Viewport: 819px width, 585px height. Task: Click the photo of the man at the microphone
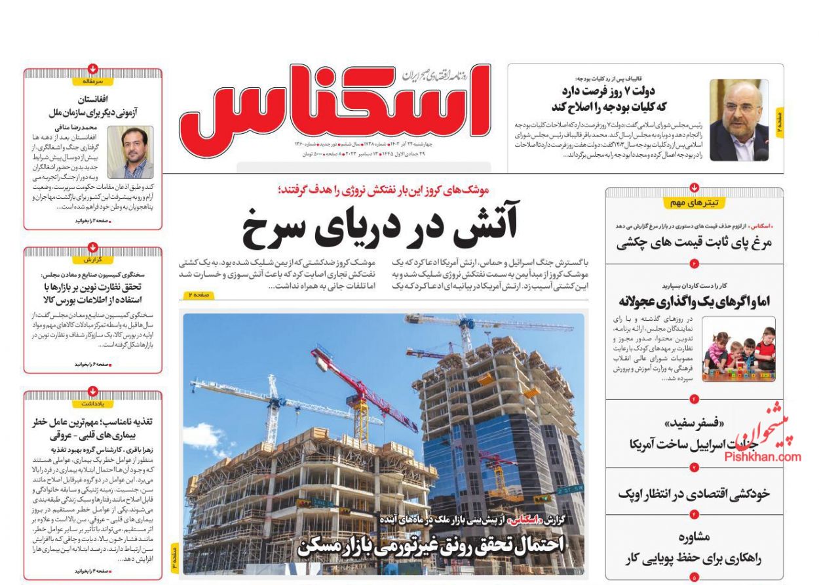coord(738,120)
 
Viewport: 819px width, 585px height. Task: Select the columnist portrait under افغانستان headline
coord(130,152)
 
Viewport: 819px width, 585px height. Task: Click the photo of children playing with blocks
coord(738,349)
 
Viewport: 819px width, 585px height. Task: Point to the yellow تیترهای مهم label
coord(694,203)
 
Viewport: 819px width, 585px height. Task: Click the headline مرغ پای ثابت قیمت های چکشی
coord(695,243)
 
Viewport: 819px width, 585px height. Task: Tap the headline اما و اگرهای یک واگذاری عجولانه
coord(695,300)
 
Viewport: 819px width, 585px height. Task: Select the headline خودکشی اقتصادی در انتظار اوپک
coord(694,493)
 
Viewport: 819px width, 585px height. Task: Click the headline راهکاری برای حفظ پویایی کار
coord(694,559)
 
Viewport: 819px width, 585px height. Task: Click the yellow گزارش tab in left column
coord(94,260)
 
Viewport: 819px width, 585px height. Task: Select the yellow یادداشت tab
coord(94,403)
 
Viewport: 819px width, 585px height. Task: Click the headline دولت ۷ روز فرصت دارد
coord(612,91)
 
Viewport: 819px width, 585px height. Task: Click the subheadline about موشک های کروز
coord(384,190)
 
